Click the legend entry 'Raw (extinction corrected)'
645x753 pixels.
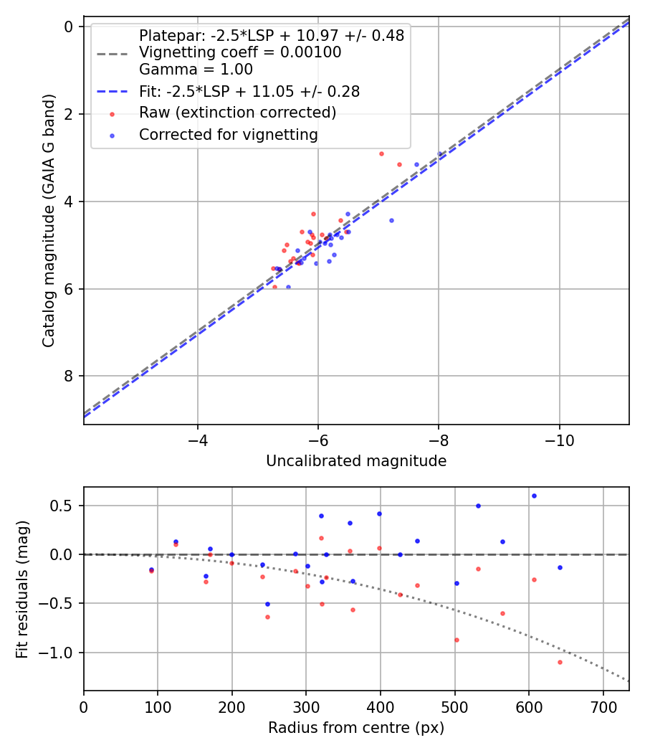tap(237, 113)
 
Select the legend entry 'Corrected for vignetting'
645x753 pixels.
tap(229, 134)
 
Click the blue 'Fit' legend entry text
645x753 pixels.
tap(249, 91)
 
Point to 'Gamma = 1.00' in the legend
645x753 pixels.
tap(196, 70)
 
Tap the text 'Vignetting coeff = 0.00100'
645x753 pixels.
tap(240, 52)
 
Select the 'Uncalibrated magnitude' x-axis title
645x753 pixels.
tap(356, 461)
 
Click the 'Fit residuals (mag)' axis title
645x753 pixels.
tap(23, 589)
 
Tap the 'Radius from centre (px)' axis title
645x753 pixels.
tap(356, 728)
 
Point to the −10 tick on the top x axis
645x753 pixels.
tap(559, 440)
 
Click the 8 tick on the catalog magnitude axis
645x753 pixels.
tap(70, 376)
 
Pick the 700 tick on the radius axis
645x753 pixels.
tap(603, 706)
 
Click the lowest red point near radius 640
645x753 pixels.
tap(560, 662)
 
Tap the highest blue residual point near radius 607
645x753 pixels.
tap(534, 496)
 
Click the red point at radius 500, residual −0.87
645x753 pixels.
tap(457, 640)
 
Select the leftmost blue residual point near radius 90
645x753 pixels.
tap(151, 569)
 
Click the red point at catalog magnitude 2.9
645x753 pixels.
tap(381, 153)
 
